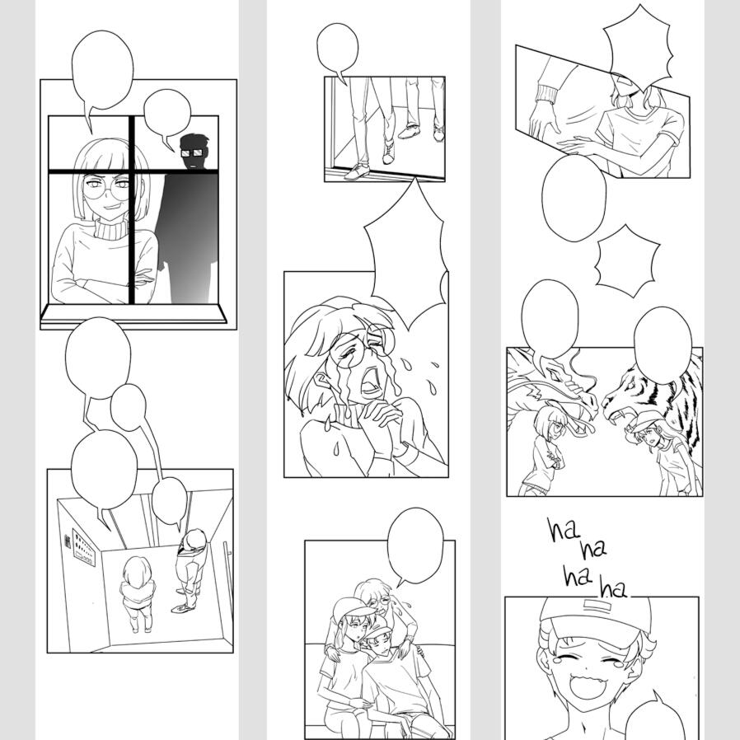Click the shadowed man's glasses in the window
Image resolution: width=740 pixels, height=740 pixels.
click(192, 153)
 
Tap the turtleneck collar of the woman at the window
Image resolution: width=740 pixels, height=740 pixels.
click(112, 228)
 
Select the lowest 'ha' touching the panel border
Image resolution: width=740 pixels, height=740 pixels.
click(612, 589)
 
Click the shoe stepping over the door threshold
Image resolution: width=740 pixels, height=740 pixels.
click(359, 171)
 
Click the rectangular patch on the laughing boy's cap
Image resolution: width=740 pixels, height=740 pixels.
click(597, 605)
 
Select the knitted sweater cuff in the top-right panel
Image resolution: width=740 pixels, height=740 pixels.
click(546, 92)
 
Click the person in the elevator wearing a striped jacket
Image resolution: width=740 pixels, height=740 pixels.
click(191, 569)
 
